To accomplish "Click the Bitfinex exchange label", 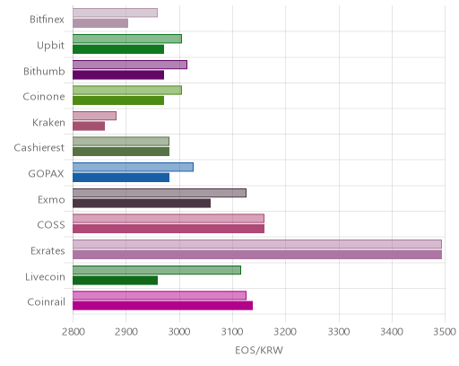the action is coord(47,20).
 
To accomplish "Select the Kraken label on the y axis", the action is coord(48,122).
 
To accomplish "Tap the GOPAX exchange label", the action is coord(46,174).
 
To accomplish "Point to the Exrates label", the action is coord(48,250).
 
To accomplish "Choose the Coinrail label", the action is coord(46,302).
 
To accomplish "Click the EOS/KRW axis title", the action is coord(259,350).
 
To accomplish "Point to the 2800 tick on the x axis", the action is coord(73,332).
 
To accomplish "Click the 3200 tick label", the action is coord(285,332).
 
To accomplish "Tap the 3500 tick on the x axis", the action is coord(445,332).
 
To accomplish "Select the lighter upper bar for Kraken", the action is coord(94,116).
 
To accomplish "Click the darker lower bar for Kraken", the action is coord(89,126).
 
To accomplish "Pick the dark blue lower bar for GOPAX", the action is coord(121,178).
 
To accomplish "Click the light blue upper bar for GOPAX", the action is coord(133,168).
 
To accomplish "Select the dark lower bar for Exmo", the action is coord(142,204).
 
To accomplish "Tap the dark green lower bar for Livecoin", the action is coord(116,281).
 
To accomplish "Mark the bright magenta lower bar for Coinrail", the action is coord(163,306).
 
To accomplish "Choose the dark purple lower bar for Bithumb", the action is coord(118,75).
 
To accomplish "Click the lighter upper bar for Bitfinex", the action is coord(115,13).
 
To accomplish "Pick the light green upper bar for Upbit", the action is coord(127,39).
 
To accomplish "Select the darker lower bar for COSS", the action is coord(169,229).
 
